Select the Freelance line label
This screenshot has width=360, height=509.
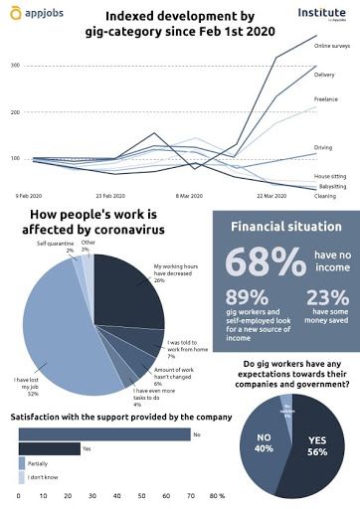pos(326,99)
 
